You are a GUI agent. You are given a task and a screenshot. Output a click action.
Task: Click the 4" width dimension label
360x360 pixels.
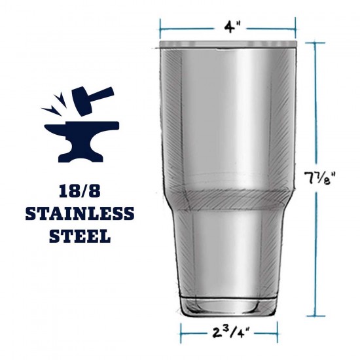click(232, 28)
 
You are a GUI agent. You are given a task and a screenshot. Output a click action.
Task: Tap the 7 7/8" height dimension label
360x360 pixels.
click(320, 179)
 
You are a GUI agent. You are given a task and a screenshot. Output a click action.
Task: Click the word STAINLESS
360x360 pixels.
click(80, 213)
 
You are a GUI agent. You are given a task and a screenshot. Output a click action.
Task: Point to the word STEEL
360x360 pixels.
click(80, 236)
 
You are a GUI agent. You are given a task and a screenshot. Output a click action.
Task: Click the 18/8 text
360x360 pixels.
click(80, 191)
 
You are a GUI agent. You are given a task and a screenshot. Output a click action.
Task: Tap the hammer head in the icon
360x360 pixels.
click(82, 101)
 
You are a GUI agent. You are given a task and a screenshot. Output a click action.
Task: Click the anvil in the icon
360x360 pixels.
click(82, 141)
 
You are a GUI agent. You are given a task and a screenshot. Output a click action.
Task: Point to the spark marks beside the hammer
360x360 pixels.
click(54, 105)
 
